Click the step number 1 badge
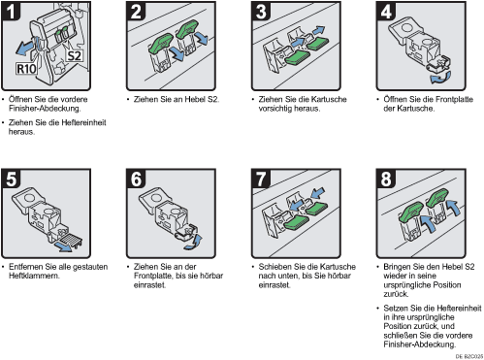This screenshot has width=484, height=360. coord(11,12)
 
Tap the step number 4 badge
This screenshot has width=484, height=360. coord(385,12)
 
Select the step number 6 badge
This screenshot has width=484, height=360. coord(136,179)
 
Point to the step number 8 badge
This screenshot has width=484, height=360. coord(385,179)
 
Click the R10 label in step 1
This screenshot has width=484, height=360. coord(26,69)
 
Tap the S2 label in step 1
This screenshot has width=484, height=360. coord(75,55)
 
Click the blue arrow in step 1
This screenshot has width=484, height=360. coord(25,48)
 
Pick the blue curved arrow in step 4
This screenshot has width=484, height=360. coord(440,78)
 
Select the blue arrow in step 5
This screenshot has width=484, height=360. coord(63,246)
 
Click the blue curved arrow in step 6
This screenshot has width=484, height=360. coord(195,243)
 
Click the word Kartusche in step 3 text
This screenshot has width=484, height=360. coord(328,99)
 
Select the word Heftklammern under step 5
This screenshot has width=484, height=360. coord(34,276)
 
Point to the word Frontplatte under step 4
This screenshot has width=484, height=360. coord(454,99)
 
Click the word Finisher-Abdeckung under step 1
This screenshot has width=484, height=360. coord(45,109)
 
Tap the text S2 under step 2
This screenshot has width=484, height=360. coord(213,99)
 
